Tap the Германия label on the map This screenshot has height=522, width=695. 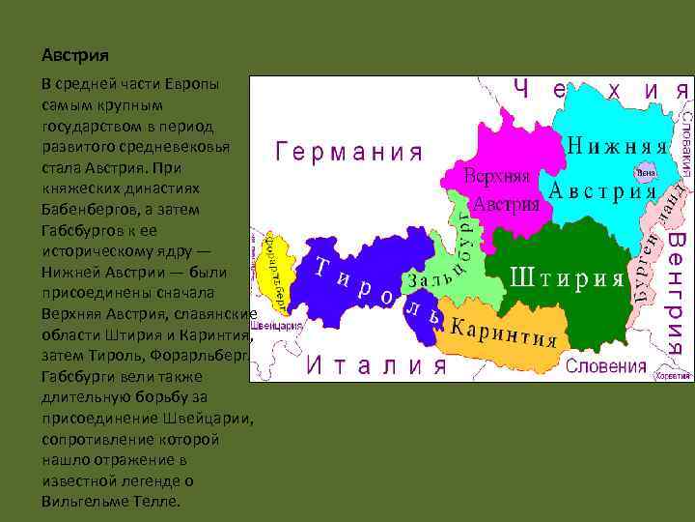coord(350,152)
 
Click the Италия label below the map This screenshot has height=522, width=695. coord(377,364)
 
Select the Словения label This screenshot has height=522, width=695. coord(605,365)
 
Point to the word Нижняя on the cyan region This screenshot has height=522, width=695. coord(618,145)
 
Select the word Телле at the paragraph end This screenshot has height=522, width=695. coord(160,502)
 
